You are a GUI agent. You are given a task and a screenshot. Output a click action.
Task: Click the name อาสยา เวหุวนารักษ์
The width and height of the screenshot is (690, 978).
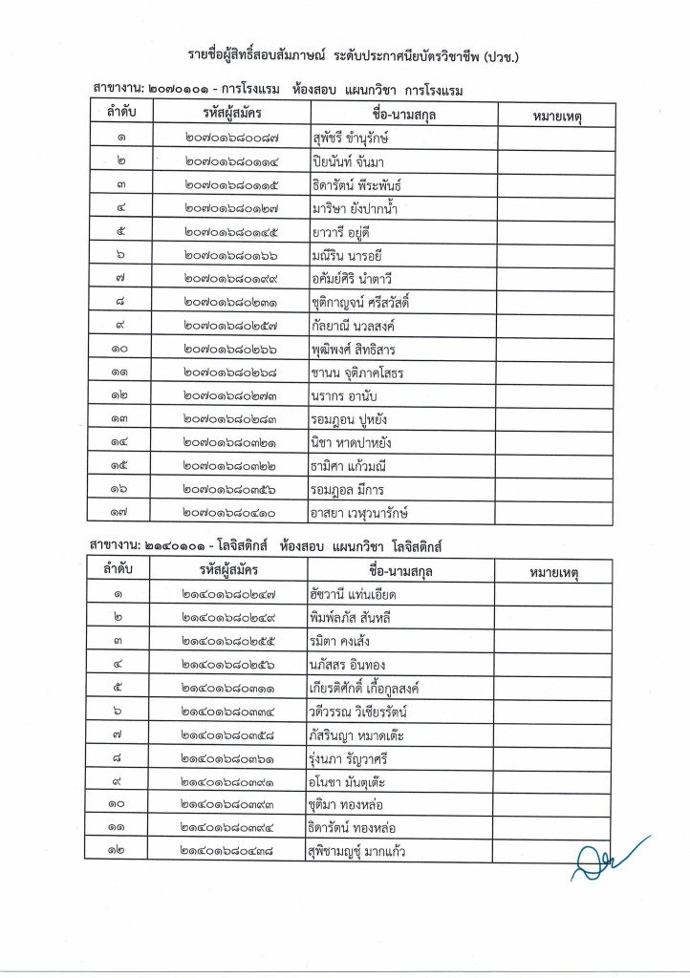(366, 513)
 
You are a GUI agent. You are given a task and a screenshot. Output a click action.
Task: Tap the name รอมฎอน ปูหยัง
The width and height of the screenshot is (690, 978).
(349, 418)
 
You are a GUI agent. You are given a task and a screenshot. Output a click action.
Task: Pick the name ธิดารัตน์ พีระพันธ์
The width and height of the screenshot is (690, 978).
(356, 184)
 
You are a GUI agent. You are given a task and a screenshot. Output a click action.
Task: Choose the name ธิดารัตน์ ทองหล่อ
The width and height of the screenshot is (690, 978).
(354, 828)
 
